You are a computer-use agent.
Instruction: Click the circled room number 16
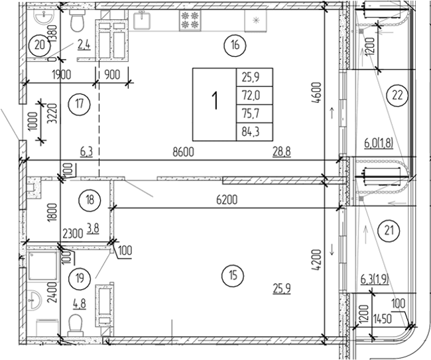[235, 46]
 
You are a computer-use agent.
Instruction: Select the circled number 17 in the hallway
[79, 103]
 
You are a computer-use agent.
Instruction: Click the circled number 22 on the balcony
[397, 95]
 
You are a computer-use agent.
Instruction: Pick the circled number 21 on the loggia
[387, 230]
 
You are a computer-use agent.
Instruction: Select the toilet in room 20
[78, 22]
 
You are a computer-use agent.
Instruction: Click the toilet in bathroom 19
[77, 324]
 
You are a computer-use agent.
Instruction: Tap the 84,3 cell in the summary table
[247, 131]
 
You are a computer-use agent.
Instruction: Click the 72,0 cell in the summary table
[247, 94]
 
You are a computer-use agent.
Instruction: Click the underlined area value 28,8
[284, 152]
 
